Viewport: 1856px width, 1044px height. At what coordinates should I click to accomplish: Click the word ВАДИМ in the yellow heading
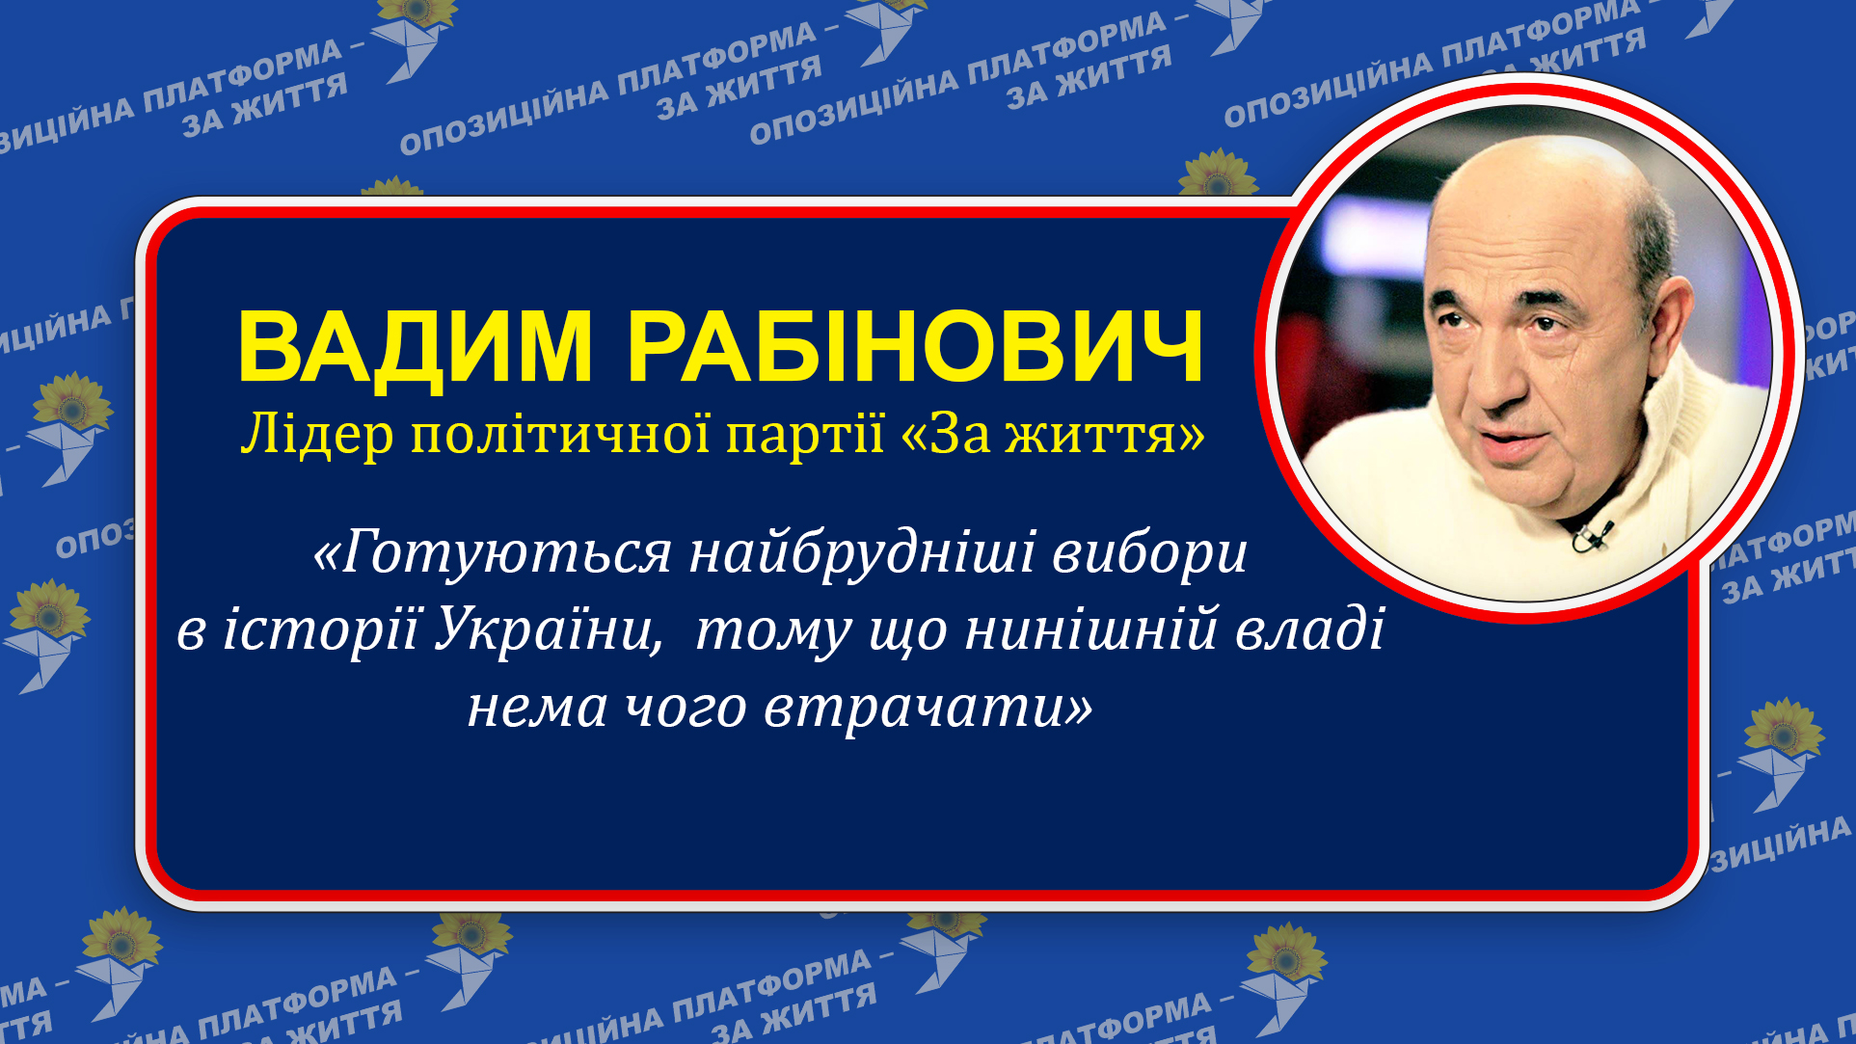coord(415,347)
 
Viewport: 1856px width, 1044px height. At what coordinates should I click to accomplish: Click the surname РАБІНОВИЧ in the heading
coord(915,347)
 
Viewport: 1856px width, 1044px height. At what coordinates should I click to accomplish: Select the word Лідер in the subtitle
coord(316,435)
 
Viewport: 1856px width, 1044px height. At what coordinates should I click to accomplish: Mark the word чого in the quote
coord(686,709)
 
